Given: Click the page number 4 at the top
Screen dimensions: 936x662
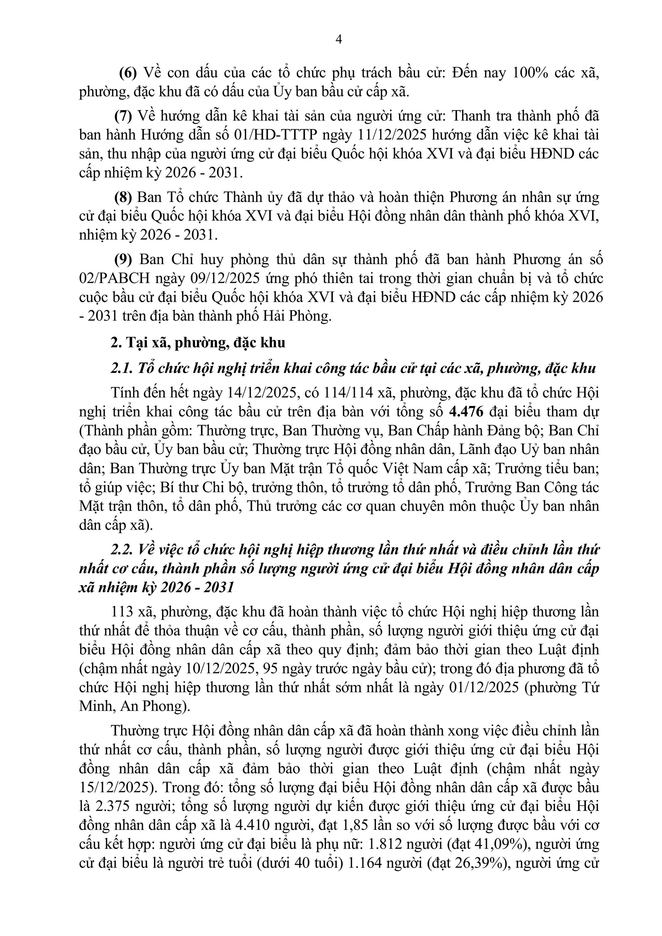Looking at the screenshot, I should pyautogui.click(x=338, y=39).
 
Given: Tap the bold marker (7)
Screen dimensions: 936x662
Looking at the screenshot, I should pyautogui.click(x=123, y=116).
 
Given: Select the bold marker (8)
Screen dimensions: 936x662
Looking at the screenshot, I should pyautogui.click(x=123, y=197).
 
